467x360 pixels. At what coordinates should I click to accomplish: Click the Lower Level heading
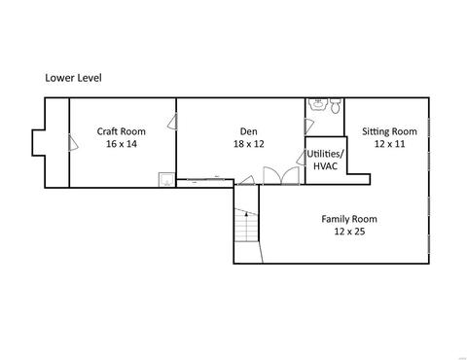(x=73, y=78)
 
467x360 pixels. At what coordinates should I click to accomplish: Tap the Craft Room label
(x=122, y=131)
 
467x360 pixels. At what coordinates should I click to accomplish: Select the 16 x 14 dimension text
(x=122, y=144)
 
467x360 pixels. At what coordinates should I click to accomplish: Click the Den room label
(x=249, y=131)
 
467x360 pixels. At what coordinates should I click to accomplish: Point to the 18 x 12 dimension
(x=249, y=144)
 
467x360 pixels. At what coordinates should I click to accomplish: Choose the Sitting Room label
(x=389, y=131)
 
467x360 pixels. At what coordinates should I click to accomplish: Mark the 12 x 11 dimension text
(x=390, y=144)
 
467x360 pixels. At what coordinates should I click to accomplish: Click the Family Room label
(x=349, y=219)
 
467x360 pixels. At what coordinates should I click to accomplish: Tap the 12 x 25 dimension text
(x=349, y=232)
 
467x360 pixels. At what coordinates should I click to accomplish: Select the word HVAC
(x=325, y=166)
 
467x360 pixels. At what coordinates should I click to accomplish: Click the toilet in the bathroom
(x=336, y=105)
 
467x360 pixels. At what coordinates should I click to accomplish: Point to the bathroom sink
(x=318, y=104)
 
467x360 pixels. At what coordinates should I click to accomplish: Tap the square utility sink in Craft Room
(x=166, y=179)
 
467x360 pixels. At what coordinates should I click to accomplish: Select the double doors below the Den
(x=281, y=175)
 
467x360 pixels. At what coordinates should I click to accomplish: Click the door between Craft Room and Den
(x=172, y=122)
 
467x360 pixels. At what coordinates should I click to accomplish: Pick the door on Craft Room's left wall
(x=73, y=142)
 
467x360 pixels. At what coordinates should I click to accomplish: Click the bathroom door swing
(x=309, y=126)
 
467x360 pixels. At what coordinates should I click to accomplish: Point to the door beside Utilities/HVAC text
(x=302, y=158)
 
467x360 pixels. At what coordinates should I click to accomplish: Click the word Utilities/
(x=325, y=154)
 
